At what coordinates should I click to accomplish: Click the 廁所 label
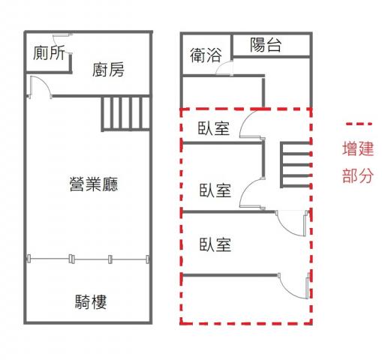click(x=49, y=52)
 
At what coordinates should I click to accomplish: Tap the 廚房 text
click(x=108, y=70)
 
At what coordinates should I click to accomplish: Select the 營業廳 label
click(x=94, y=184)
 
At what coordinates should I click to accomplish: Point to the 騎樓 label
click(x=91, y=301)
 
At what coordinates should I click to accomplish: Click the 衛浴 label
click(x=206, y=55)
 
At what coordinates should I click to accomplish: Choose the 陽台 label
click(x=266, y=45)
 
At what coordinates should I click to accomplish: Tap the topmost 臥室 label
click(x=214, y=128)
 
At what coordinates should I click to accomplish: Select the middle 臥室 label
click(x=215, y=190)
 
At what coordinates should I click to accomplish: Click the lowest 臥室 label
click(x=215, y=244)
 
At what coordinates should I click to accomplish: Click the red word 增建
click(x=358, y=148)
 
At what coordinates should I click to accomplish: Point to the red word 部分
click(x=358, y=175)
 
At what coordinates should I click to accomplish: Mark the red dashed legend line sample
click(x=359, y=124)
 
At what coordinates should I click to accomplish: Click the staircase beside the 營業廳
click(x=125, y=113)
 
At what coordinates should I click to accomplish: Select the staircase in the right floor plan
click(x=296, y=165)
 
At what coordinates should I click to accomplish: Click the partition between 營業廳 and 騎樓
click(x=88, y=259)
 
